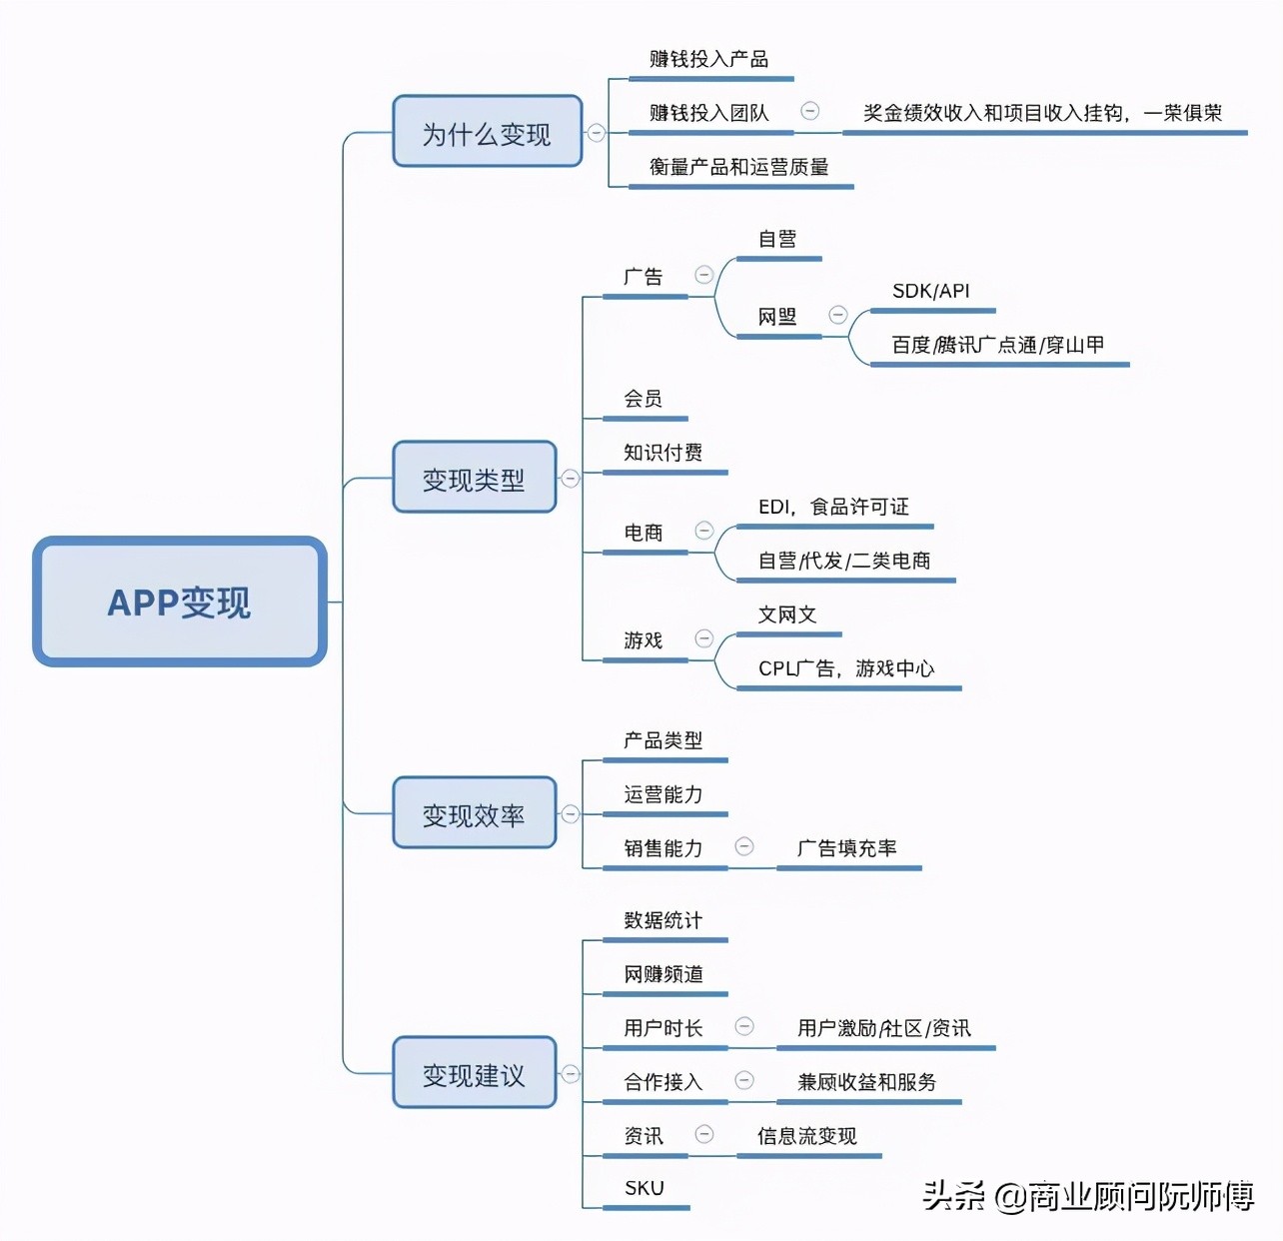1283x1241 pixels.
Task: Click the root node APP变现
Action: [180, 602]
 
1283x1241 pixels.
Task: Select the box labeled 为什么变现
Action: [487, 132]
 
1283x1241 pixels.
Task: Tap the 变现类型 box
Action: [474, 478]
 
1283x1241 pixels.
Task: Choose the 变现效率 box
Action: [474, 813]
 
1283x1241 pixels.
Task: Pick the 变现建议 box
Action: [474, 1073]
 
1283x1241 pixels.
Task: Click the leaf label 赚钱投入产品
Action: [708, 59]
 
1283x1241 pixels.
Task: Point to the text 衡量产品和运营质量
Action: [738, 167]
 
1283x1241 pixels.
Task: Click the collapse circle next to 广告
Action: [704, 275]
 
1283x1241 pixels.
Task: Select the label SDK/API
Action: [930, 291]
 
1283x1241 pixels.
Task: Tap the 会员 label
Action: [642, 399]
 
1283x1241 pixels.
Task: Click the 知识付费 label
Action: [662, 453]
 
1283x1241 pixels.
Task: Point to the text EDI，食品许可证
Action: [833, 507]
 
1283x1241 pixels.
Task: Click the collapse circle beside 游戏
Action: [704, 638]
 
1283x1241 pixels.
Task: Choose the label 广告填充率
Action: [846, 848]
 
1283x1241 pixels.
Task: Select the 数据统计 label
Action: [662, 920]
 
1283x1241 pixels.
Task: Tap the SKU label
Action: [643, 1188]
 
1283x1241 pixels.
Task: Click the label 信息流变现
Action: [806, 1136]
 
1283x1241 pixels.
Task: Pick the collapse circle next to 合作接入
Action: [744, 1080]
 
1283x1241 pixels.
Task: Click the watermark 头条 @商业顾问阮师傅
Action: [1087, 1195]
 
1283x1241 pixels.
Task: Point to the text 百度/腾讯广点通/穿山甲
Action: [997, 345]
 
